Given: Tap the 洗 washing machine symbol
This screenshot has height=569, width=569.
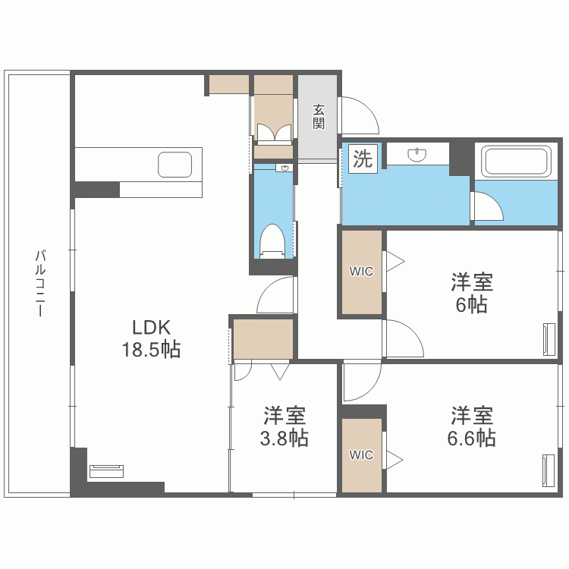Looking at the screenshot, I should [363, 159].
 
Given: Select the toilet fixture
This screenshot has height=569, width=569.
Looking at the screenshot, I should [272, 240].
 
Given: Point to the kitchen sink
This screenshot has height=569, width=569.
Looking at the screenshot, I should [175, 165].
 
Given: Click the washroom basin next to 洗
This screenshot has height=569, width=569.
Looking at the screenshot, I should [417, 155].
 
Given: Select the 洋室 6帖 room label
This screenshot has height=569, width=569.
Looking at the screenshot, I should [472, 294].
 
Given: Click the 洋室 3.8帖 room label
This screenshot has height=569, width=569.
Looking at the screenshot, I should [285, 426].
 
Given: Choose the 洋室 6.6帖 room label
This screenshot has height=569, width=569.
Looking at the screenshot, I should [472, 426].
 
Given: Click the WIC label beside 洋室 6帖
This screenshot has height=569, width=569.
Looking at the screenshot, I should [361, 272].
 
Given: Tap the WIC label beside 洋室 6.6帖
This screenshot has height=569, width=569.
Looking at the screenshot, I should [361, 455].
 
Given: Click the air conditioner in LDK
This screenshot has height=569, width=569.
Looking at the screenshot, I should [105, 471].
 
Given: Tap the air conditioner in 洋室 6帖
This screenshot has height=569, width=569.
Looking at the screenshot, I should [549, 339].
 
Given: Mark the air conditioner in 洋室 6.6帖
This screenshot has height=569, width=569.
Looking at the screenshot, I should [549, 471].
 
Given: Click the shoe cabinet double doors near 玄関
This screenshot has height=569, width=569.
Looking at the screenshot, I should [273, 134].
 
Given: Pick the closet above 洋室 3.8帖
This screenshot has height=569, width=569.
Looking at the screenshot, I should [262, 339].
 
